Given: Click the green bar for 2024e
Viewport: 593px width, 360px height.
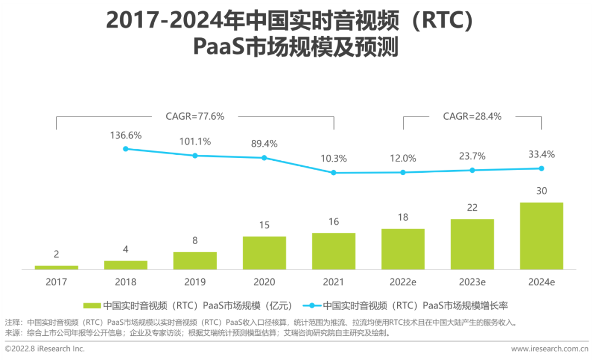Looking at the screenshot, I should (541, 236).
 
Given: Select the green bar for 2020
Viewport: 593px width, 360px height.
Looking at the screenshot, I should (264, 253).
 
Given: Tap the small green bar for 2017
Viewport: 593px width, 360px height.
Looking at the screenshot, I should (57, 267).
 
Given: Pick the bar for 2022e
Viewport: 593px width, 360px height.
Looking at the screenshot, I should (403, 249).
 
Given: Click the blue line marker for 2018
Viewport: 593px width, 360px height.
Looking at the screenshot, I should (125, 149).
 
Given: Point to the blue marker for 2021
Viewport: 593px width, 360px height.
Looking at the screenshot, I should (333, 172).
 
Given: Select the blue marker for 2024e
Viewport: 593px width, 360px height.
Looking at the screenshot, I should (541, 168).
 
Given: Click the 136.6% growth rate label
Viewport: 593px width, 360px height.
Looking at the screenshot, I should (126, 135).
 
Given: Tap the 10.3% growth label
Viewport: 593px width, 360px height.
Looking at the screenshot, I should (333, 159).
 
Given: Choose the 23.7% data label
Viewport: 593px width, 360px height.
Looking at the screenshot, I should (472, 156).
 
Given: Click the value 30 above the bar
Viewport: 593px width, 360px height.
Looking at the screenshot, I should (541, 191).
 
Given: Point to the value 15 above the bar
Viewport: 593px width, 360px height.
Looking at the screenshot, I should (264, 225).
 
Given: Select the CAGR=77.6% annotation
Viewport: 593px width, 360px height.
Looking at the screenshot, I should (195, 116).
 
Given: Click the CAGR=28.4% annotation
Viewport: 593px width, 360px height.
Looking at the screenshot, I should (472, 116).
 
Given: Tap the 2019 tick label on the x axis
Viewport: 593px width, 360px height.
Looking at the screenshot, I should (195, 282).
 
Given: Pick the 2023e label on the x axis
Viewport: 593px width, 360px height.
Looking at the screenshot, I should (472, 282).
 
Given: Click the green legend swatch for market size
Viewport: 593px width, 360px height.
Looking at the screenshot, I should (92, 305).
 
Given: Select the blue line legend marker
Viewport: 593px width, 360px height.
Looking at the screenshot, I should (311, 305).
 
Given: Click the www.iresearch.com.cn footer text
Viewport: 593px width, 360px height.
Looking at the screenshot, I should (549, 348).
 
